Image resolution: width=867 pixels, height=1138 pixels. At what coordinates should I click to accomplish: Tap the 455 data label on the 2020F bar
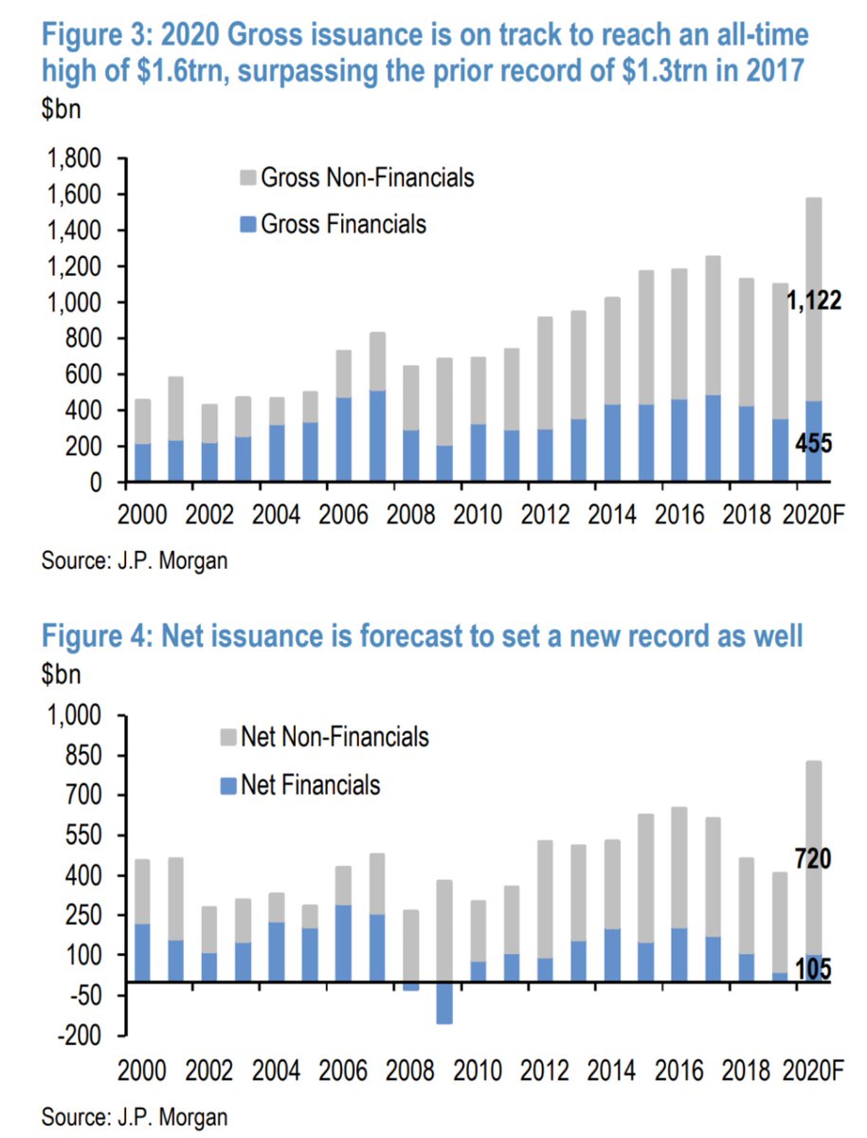[x=813, y=443]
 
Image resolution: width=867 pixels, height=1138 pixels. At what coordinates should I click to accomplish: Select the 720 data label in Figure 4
[x=812, y=860]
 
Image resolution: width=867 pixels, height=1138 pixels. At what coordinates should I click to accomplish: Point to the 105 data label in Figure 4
[x=812, y=969]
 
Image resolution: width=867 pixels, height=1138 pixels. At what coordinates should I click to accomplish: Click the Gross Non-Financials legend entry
[x=366, y=177]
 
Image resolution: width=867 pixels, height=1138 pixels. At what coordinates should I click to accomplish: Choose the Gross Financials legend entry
[x=342, y=224]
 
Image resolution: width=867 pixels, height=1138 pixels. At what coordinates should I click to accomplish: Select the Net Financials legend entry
[x=310, y=784]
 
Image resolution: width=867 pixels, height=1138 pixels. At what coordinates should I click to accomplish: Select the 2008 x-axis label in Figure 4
[x=413, y=1073]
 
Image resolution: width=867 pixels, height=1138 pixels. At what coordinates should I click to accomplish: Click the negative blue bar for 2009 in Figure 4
[x=444, y=1002]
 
